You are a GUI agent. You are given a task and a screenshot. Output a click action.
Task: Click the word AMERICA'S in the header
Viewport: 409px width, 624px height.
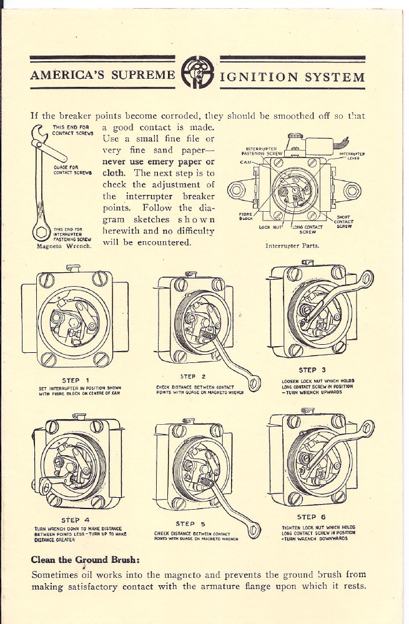pos(66,76)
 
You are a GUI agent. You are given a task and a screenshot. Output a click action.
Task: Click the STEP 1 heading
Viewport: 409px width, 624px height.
pos(75,379)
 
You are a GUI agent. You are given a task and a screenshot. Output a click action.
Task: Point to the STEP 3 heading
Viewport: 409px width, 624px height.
pos(312,370)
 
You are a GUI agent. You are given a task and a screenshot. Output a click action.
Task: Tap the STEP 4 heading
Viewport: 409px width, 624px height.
pos(75,520)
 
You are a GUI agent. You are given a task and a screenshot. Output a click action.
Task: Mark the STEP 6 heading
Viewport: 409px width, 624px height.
pos(311,517)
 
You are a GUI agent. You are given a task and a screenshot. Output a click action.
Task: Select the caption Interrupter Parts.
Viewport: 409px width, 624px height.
pos(292,245)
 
